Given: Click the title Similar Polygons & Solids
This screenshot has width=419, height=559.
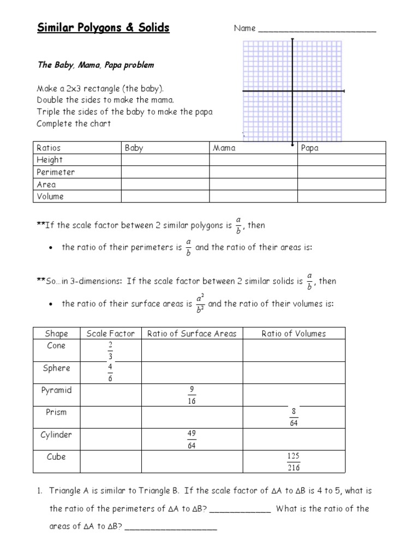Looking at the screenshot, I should point(103,28).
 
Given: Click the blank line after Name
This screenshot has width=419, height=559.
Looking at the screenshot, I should point(317,29).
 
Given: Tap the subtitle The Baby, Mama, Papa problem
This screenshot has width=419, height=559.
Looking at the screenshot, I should point(95,65).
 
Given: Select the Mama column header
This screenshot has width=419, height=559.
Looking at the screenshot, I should point(224,148).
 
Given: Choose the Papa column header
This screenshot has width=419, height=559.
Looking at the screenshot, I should point(309,148).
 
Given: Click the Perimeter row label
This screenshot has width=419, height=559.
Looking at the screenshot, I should point(55,172).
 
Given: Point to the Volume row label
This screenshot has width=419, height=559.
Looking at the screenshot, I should point(50,197).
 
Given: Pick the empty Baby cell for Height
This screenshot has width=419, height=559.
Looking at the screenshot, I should point(165,160).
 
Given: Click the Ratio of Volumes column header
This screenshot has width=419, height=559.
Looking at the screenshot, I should point(294,334).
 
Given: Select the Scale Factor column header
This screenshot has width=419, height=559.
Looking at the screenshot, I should point(110,334).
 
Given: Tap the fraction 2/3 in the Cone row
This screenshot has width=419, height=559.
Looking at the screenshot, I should point(110,350).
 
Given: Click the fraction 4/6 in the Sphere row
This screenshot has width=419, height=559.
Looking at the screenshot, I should point(110,372).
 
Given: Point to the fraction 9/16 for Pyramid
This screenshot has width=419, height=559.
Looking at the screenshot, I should point(192,395).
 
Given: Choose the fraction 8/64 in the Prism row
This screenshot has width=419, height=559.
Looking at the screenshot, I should point(294,417).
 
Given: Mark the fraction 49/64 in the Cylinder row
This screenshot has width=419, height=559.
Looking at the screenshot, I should point(192,439).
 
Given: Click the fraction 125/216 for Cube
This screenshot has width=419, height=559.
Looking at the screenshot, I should point(294,462).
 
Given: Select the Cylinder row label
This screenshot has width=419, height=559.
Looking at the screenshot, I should point(56,435).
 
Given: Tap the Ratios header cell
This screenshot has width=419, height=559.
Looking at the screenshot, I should point(49,148).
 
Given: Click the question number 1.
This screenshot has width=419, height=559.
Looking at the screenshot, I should point(39,491).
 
